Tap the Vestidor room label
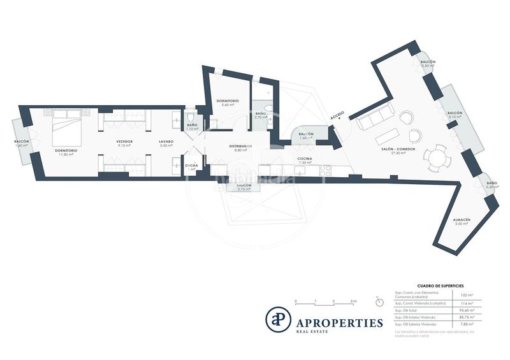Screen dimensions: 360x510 (124, 141)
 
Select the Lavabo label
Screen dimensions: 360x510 (166, 141)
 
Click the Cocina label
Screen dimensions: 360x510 (304, 159)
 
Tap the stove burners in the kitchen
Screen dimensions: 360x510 (326, 170)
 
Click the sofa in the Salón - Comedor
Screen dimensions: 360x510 (375, 117)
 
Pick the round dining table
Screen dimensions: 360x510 (437, 156)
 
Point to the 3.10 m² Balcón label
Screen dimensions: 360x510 (455, 113)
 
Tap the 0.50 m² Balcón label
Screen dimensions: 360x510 (428, 61)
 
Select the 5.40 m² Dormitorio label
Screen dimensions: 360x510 (228, 101)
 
